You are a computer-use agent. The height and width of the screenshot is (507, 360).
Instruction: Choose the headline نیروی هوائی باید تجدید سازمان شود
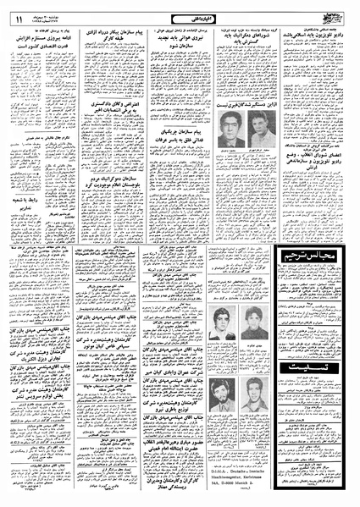pyautogui.click(x=179, y=45)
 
